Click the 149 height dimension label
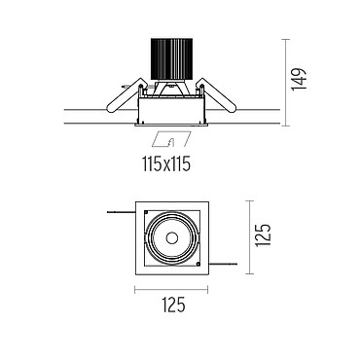pos(299,80)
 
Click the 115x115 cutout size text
pos(165,164)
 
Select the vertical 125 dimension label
pos(263,235)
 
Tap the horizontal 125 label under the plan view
pos(173,305)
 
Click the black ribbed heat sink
pos(171,59)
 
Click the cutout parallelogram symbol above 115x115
pos(171,139)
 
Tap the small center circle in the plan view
pos(172,238)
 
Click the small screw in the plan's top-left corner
pos(146,212)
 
